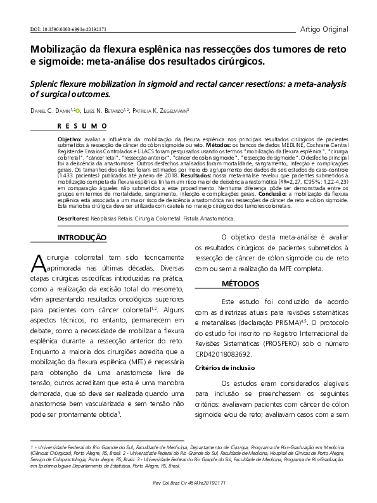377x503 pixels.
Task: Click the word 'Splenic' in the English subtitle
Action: click(46, 83)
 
